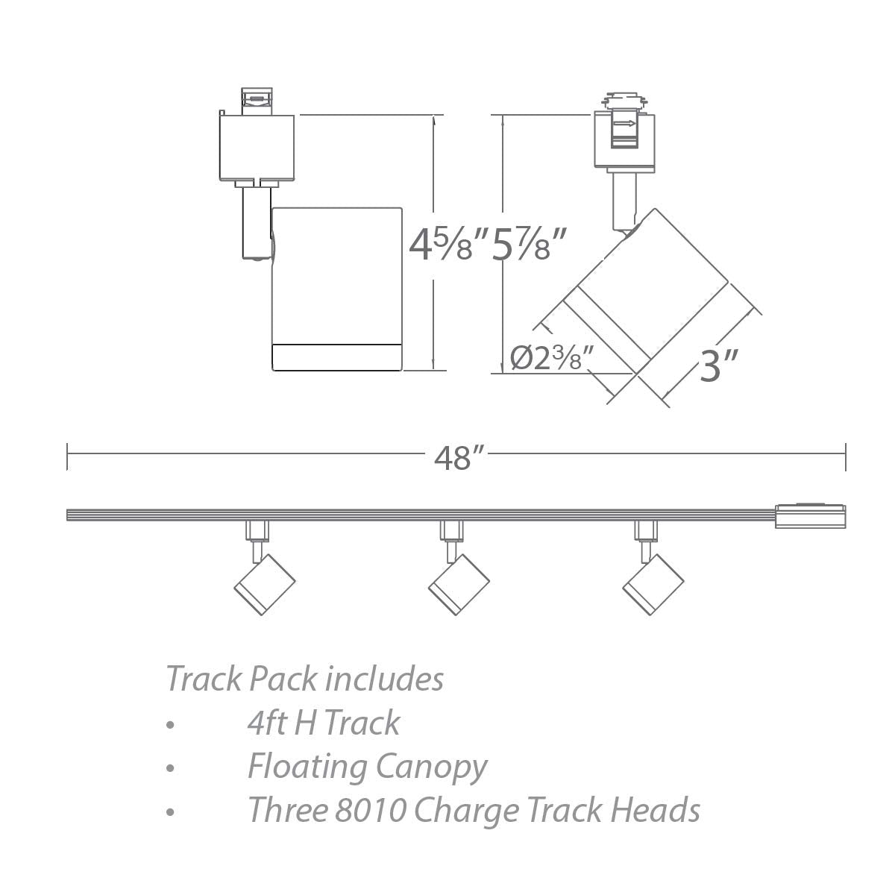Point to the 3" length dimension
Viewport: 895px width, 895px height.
click(x=718, y=366)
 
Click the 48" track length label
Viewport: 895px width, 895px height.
click(x=455, y=457)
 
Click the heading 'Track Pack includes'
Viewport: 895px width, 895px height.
click(x=304, y=679)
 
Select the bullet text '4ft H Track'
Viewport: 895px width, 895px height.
click(x=323, y=723)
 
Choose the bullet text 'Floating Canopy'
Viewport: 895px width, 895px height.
click(x=367, y=766)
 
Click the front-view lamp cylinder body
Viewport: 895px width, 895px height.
click(x=337, y=276)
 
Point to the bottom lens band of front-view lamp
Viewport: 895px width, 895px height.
click(x=337, y=357)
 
